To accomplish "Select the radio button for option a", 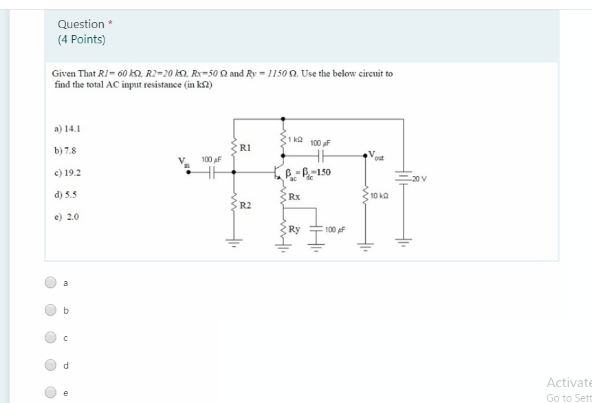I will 51,282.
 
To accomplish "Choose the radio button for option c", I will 51,338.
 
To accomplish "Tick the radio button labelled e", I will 51,393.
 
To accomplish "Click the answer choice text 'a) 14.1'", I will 67,128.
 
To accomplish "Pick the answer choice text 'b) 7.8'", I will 65,150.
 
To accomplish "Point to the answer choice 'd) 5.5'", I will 65,195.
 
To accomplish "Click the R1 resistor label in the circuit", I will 245,147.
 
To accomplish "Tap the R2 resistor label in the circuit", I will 245,205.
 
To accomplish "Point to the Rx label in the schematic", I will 294,197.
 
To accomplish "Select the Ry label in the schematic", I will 294,229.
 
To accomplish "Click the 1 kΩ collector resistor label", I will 295,140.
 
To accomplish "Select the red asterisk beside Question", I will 111,23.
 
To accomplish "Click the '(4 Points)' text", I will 82,40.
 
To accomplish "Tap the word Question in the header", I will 81,24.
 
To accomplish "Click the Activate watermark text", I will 569,382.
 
